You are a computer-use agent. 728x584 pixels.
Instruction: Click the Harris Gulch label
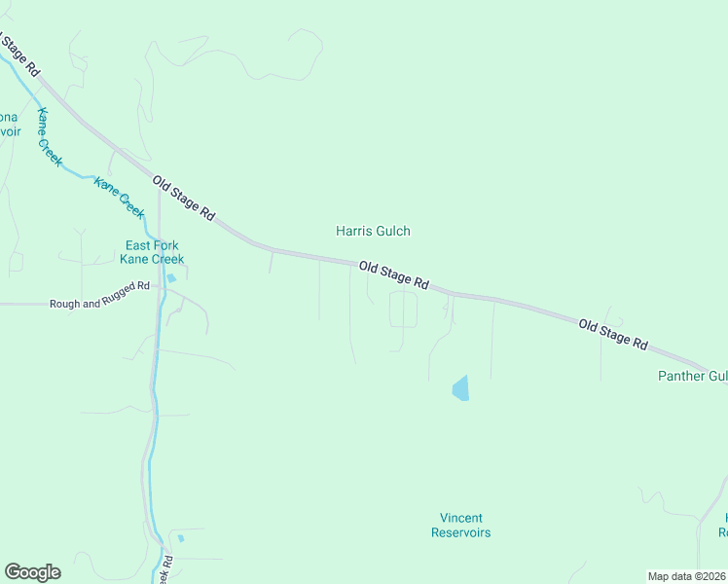click(x=373, y=231)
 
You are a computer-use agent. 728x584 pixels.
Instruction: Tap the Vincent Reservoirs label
click(x=460, y=526)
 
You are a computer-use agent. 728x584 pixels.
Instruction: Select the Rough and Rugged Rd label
click(x=100, y=303)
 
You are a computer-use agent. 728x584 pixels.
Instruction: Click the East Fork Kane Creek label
click(x=151, y=252)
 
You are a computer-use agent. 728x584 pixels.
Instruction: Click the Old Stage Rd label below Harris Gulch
click(x=393, y=274)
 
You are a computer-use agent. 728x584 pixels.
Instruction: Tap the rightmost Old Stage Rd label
click(x=613, y=333)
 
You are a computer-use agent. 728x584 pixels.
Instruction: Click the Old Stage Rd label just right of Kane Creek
click(x=183, y=196)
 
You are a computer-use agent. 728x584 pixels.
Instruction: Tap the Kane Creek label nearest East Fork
click(x=120, y=198)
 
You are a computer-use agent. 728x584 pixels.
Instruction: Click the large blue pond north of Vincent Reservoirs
click(x=460, y=388)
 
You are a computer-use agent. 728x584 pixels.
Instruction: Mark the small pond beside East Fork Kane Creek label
click(x=171, y=278)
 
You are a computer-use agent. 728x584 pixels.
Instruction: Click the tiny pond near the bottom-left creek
click(x=180, y=537)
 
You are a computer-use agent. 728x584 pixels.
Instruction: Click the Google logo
click(x=32, y=572)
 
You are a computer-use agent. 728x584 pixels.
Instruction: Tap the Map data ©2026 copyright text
click(x=687, y=575)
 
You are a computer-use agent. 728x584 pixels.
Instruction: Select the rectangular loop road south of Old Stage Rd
click(x=403, y=309)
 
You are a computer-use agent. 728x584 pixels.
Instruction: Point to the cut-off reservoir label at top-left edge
click(x=9, y=124)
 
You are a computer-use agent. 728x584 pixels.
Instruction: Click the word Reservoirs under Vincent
click(x=460, y=532)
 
